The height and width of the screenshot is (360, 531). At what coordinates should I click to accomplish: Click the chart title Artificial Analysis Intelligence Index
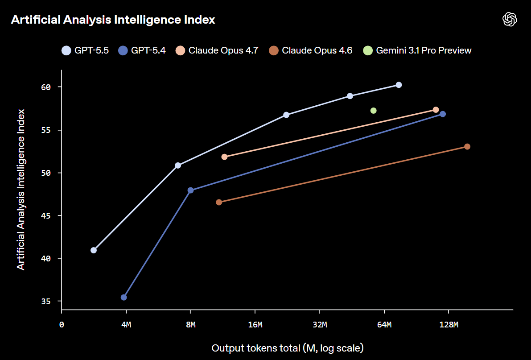(113, 20)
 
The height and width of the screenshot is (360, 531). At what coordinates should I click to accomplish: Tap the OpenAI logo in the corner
(509, 19)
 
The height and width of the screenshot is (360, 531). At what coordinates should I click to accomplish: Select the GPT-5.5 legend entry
(85, 50)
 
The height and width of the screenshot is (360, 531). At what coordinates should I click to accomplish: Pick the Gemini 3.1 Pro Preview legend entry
(417, 50)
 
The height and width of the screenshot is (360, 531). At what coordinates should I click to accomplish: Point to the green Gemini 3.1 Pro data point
(373, 111)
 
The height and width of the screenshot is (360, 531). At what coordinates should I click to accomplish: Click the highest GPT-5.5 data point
(399, 85)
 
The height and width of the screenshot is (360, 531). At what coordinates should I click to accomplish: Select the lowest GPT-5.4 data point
(124, 297)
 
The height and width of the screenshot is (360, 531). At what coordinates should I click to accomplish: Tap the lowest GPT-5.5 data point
(94, 250)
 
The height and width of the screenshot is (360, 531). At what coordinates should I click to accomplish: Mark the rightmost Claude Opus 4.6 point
(467, 147)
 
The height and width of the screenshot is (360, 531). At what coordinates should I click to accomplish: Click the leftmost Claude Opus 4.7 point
(224, 157)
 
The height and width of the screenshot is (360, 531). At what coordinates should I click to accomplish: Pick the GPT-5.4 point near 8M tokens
(190, 190)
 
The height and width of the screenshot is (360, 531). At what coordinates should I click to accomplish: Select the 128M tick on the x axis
(448, 325)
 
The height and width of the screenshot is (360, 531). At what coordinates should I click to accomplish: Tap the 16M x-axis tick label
(255, 325)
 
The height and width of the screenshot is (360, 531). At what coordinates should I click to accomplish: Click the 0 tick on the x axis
(62, 325)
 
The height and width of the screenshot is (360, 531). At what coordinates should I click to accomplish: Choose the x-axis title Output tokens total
(288, 348)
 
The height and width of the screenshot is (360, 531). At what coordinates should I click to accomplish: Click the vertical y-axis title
(21, 189)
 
